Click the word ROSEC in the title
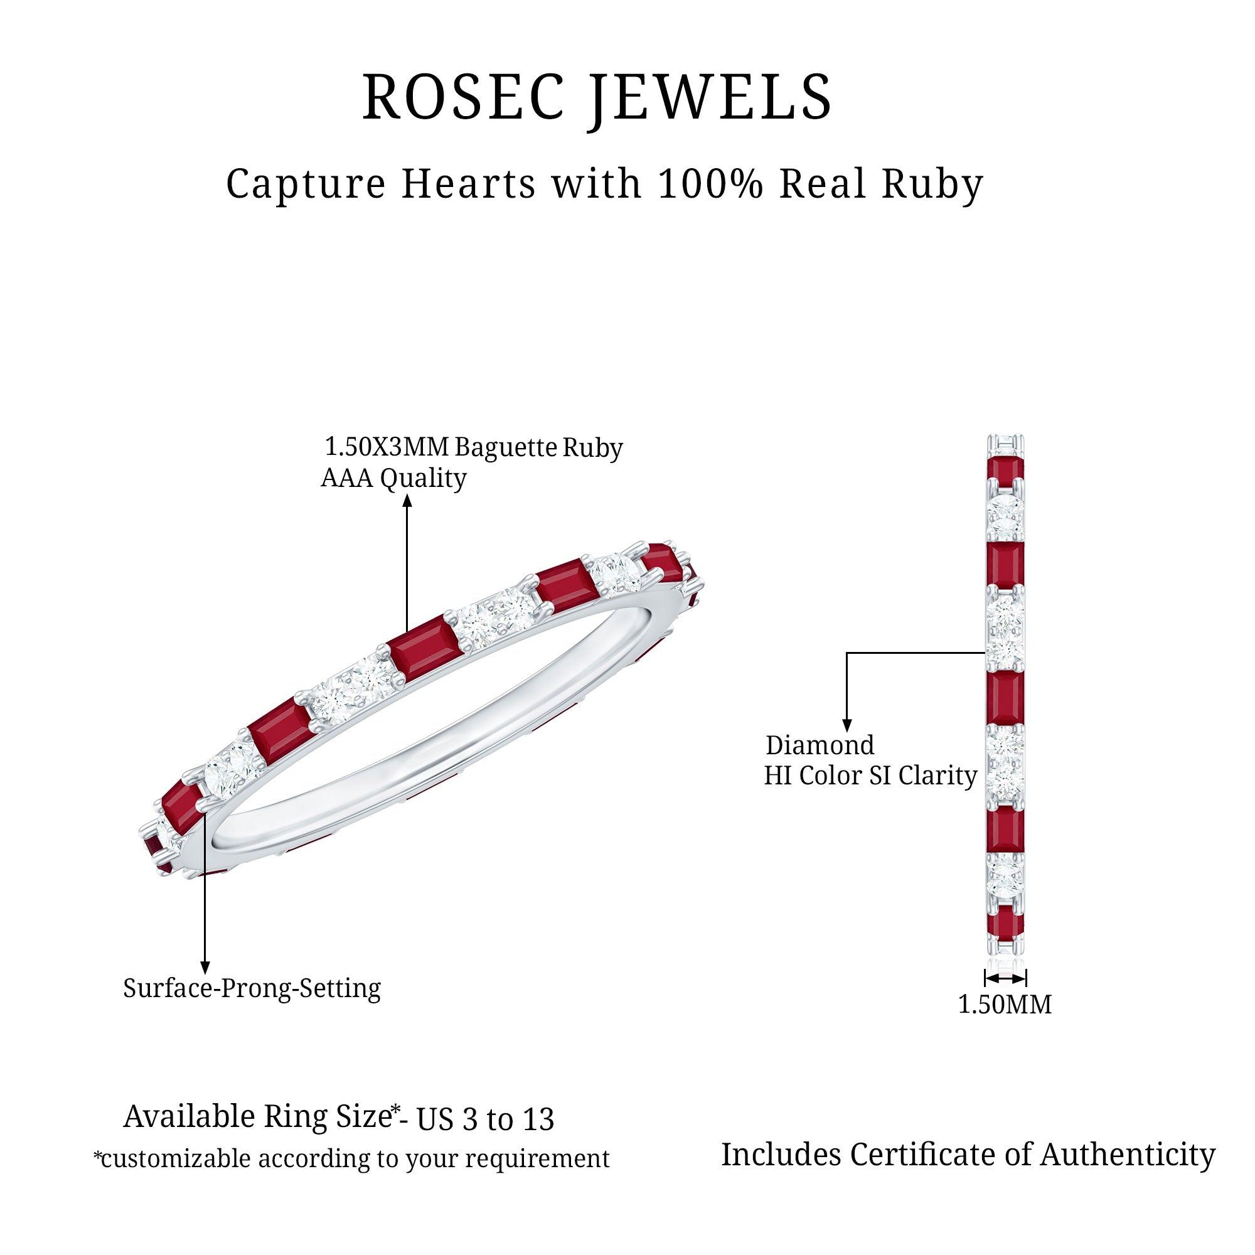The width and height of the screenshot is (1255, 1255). (462, 97)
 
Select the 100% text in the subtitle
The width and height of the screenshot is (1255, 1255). (710, 184)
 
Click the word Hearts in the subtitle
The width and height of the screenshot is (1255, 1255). (468, 184)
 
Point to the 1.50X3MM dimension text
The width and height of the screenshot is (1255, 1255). (387, 447)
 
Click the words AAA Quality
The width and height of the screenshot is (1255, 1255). (393, 478)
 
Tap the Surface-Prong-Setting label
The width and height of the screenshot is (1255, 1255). (252, 988)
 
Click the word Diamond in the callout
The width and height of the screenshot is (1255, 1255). (820, 745)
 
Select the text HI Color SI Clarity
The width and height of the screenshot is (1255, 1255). (870, 776)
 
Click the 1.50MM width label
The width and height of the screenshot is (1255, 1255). (1004, 1004)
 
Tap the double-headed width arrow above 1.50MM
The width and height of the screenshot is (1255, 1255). (1005, 978)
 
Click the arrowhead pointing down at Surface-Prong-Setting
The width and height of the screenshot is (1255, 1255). (205, 968)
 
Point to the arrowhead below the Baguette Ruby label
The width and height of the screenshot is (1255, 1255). (407, 500)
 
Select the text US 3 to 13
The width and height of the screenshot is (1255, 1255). (485, 1119)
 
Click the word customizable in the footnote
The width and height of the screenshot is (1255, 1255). (176, 1159)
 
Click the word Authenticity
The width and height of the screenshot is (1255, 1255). (1128, 1155)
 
